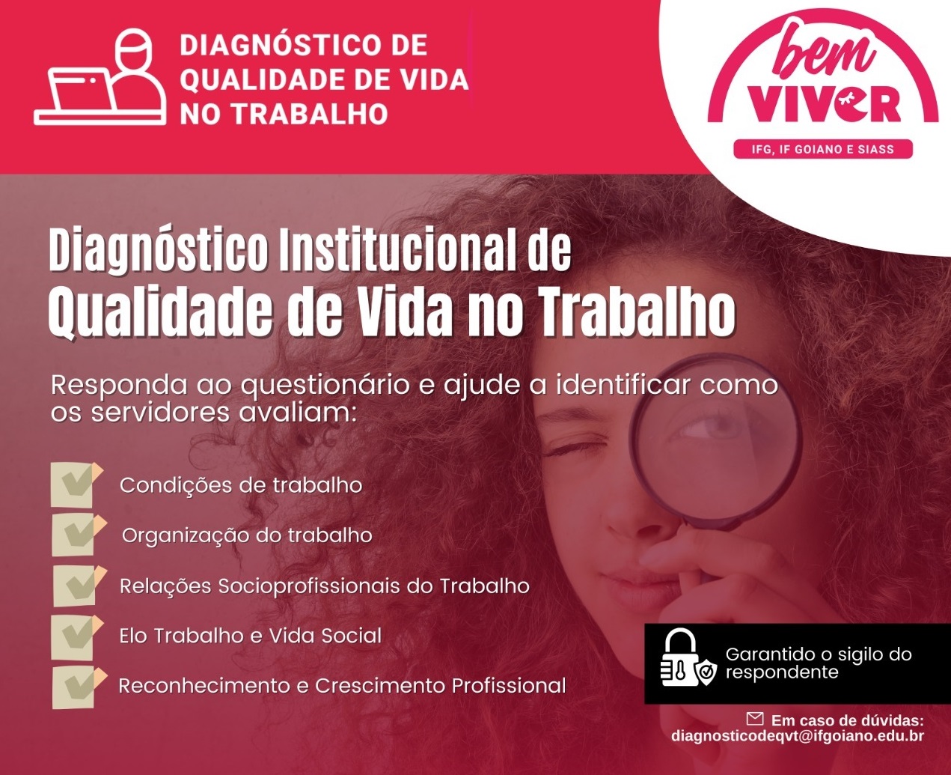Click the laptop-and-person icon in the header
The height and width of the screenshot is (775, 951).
coord(100,77)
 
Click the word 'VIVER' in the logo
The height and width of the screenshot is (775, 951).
coord(824,103)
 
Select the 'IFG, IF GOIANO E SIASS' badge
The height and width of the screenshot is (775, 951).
coord(823,149)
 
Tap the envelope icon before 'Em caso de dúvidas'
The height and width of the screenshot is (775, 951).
coord(754,719)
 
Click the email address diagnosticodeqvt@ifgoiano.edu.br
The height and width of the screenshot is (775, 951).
coord(798,736)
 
